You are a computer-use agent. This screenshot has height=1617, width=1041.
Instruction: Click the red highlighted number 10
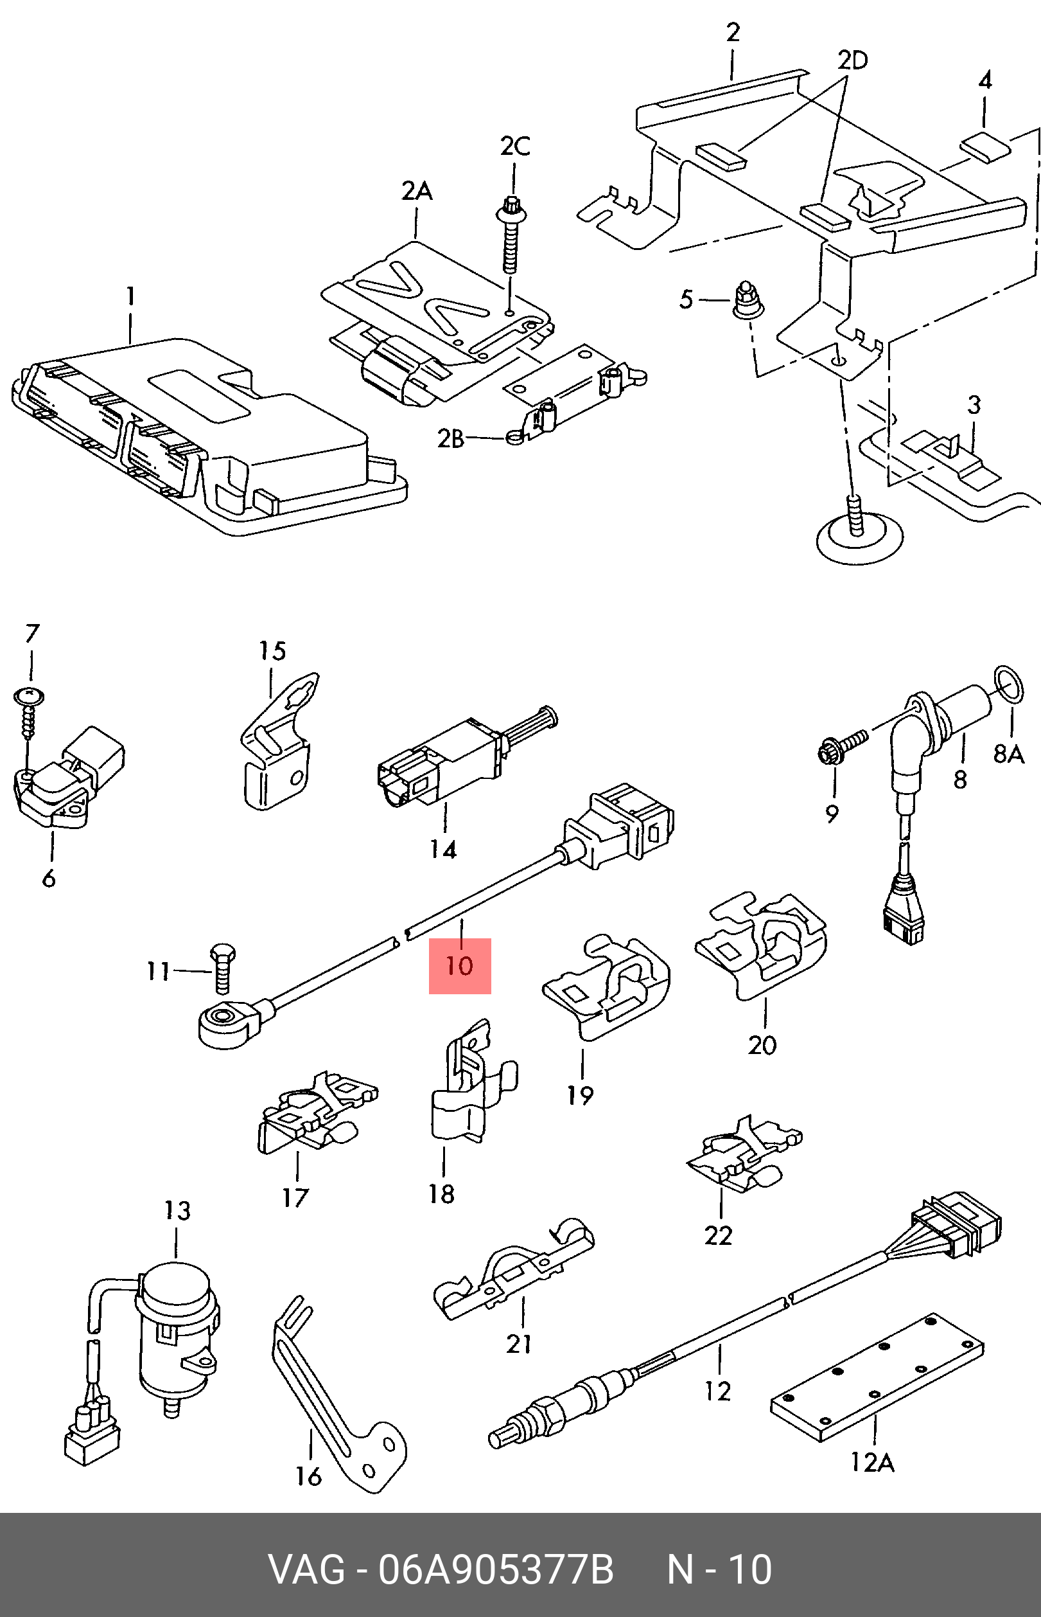click(460, 966)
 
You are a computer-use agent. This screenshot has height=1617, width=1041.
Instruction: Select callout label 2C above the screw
click(515, 147)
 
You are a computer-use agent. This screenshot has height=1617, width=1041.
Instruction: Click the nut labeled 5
click(748, 301)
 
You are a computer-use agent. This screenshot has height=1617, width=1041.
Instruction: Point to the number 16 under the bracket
click(308, 1476)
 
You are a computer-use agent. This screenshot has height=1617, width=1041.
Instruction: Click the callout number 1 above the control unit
click(131, 296)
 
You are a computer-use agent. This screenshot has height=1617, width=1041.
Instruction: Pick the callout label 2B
click(451, 439)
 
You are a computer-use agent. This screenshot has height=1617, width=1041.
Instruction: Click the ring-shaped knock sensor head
click(225, 1021)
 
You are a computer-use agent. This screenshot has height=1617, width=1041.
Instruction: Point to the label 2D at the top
click(852, 61)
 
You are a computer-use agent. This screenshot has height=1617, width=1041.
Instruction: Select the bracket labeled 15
click(277, 744)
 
